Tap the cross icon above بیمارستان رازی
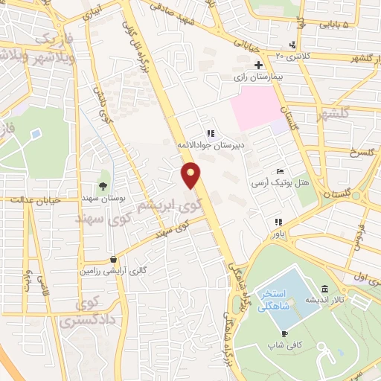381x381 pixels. click(258, 65)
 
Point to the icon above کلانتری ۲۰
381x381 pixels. click(292, 44)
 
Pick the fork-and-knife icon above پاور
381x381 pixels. click(278, 222)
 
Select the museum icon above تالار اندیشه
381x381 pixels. click(324, 289)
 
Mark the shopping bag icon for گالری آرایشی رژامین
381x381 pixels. click(112, 260)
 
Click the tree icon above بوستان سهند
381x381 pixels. click(103, 185)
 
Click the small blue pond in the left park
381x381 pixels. click(35, 134)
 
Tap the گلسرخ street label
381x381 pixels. click(342, 155)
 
